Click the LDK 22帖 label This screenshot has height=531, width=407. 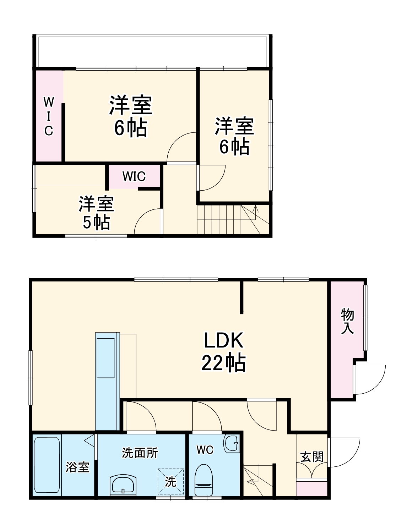click(223, 351)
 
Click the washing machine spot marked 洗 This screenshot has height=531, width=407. click(171, 481)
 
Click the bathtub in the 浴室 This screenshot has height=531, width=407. click(47, 465)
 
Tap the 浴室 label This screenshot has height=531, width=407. click(77, 467)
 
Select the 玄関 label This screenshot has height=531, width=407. click(311, 456)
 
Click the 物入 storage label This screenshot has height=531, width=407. click(347, 321)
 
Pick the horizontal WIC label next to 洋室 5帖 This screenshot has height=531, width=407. click(134, 176)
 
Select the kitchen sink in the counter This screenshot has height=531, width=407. click(106, 358)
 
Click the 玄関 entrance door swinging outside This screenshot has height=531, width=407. click(344, 452)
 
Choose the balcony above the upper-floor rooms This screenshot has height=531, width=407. click(153, 51)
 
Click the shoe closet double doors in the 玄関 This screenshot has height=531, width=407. click(311, 472)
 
